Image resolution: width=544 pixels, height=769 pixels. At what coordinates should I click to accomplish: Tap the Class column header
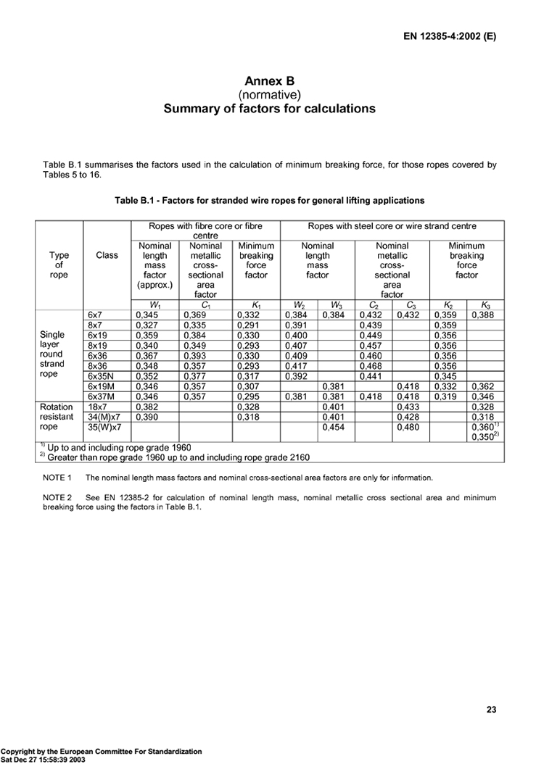[x=107, y=256]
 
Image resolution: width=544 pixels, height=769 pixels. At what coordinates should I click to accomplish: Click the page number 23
[x=491, y=710]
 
